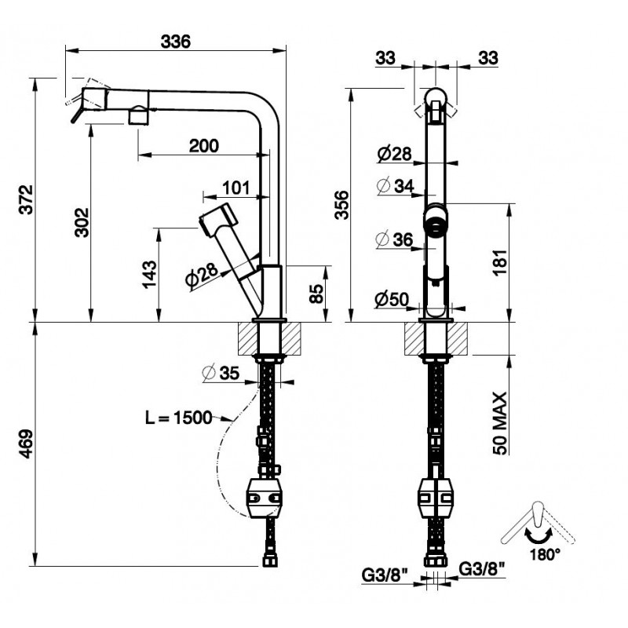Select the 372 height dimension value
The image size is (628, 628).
[x=25, y=200]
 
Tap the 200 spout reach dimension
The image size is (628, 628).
[x=203, y=145]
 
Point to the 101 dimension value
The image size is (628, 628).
[x=235, y=188]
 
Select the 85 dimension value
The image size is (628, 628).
[x=316, y=294]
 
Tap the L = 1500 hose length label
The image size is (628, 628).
[x=178, y=417]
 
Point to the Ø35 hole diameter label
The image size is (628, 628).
[x=220, y=373]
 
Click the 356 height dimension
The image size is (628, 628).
[x=339, y=205]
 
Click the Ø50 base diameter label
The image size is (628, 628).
[x=391, y=298]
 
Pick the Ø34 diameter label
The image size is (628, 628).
[x=394, y=187]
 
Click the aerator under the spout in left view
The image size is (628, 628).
[x=137, y=117]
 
